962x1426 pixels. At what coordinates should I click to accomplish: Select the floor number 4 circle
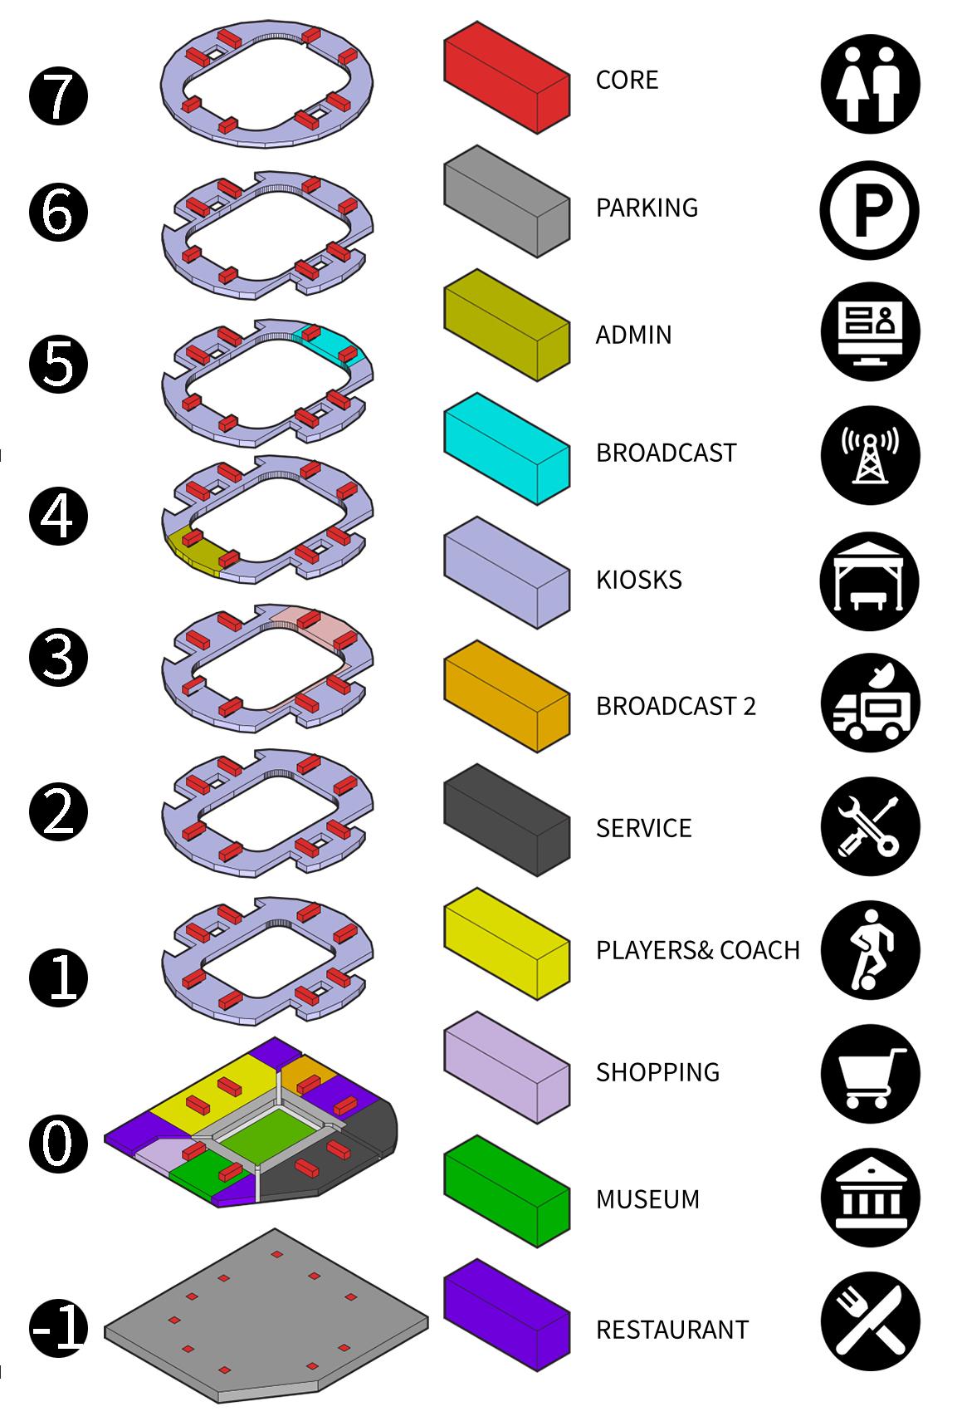(58, 516)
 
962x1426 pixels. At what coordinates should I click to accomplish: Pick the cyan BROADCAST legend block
(506, 449)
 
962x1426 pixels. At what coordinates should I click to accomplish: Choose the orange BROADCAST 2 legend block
(506, 696)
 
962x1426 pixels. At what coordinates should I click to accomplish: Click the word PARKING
(647, 207)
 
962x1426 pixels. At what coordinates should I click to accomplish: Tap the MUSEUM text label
(647, 1198)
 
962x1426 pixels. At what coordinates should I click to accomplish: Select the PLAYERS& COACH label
(697, 949)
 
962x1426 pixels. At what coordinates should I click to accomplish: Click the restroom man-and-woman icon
(870, 84)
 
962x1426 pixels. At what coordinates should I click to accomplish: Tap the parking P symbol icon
(870, 210)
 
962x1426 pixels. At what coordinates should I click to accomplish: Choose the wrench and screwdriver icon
(870, 826)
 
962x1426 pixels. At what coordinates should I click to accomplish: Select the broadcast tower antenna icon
(870, 455)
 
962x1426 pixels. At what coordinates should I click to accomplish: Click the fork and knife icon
(870, 1321)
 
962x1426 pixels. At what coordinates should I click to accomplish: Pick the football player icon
(870, 950)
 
